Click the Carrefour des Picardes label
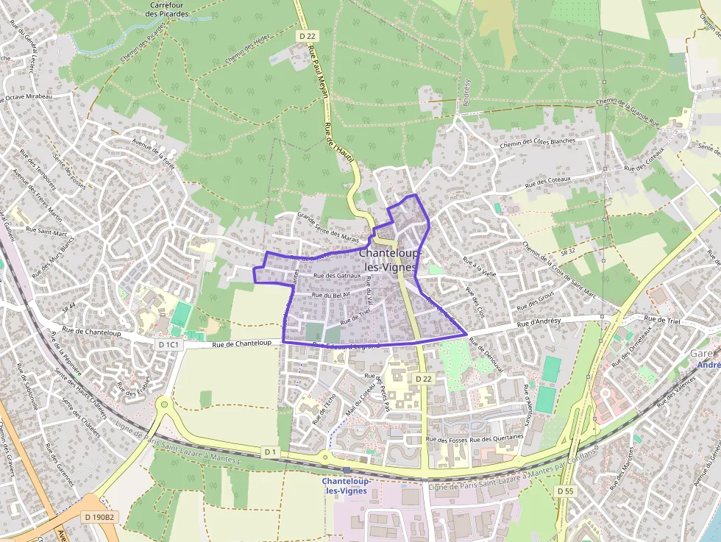click(166, 9)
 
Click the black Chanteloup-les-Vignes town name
click(391, 259)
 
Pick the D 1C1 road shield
click(168, 344)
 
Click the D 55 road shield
click(565, 491)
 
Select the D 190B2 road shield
click(99, 517)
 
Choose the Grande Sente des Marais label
click(327, 227)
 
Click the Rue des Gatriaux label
click(337, 276)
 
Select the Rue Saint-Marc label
click(47, 229)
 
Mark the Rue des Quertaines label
click(497, 439)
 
